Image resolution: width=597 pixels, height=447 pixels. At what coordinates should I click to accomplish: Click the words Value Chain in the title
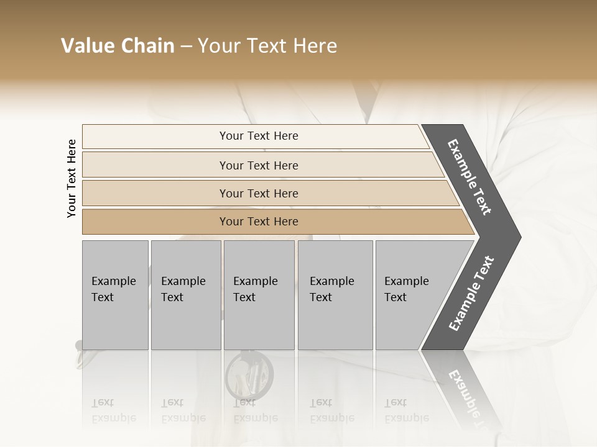(118, 46)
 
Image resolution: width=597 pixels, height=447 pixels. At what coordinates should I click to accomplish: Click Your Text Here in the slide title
(267, 46)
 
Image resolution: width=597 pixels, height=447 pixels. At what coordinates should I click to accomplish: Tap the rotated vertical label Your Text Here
(72, 178)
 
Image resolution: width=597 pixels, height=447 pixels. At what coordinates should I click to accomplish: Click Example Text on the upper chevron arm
(470, 177)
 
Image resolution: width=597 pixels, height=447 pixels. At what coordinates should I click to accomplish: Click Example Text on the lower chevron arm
(471, 294)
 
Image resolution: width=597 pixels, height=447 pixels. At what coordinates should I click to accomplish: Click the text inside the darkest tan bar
(259, 222)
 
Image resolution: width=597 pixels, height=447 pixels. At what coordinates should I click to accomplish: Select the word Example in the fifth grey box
(406, 281)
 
